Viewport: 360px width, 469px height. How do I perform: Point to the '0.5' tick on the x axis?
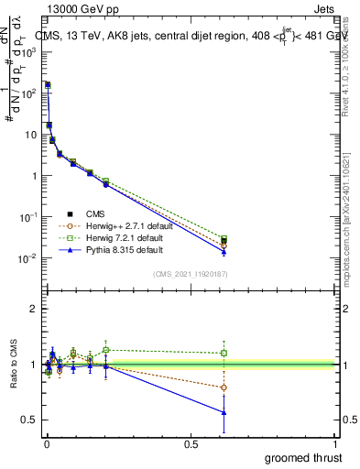191,444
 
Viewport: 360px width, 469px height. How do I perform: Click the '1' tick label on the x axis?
336,444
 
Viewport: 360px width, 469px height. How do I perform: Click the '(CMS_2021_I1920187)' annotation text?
191,274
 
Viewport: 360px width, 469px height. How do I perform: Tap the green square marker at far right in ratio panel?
224,353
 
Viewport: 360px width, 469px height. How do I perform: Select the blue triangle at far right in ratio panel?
224,412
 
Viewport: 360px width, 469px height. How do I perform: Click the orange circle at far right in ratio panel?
224,387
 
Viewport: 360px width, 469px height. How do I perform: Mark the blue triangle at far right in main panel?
224,251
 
